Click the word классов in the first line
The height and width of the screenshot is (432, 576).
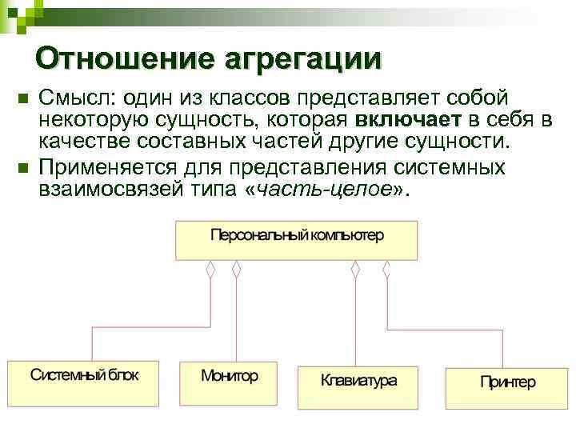click(x=254, y=98)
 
